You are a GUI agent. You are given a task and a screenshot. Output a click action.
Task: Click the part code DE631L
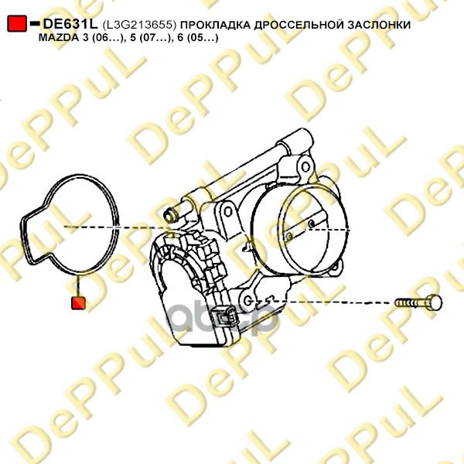(x=70, y=24)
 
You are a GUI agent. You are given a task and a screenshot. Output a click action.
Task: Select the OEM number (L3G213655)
(x=139, y=25)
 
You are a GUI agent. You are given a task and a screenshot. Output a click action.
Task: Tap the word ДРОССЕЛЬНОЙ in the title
(x=299, y=25)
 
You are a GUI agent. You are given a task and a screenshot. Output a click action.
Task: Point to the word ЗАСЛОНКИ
(x=379, y=25)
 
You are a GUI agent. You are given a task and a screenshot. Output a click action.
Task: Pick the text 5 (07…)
(x=149, y=38)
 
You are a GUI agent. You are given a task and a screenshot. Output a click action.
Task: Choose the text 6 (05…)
(x=198, y=38)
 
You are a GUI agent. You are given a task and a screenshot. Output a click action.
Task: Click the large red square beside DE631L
(x=17, y=23)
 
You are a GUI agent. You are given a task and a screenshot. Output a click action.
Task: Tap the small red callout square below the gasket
(x=78, y=303)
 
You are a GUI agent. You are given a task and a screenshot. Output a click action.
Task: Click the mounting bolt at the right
(x=418, y=302)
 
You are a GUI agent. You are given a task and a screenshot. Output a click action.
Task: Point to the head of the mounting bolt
(x=435, y=302)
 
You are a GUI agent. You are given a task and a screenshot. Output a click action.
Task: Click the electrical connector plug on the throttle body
(x=226, y=318)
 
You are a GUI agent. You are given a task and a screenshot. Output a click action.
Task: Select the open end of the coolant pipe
(x=169, y=215)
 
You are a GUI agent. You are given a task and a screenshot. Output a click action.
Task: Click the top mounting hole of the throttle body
(x=305, y=167)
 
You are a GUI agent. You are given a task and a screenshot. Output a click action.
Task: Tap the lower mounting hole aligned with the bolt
(x=248, y=301)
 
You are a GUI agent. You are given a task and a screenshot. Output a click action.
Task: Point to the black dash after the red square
(x=35, y=23)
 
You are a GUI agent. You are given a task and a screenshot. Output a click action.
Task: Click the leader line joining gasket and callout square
(x=78, y=285)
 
